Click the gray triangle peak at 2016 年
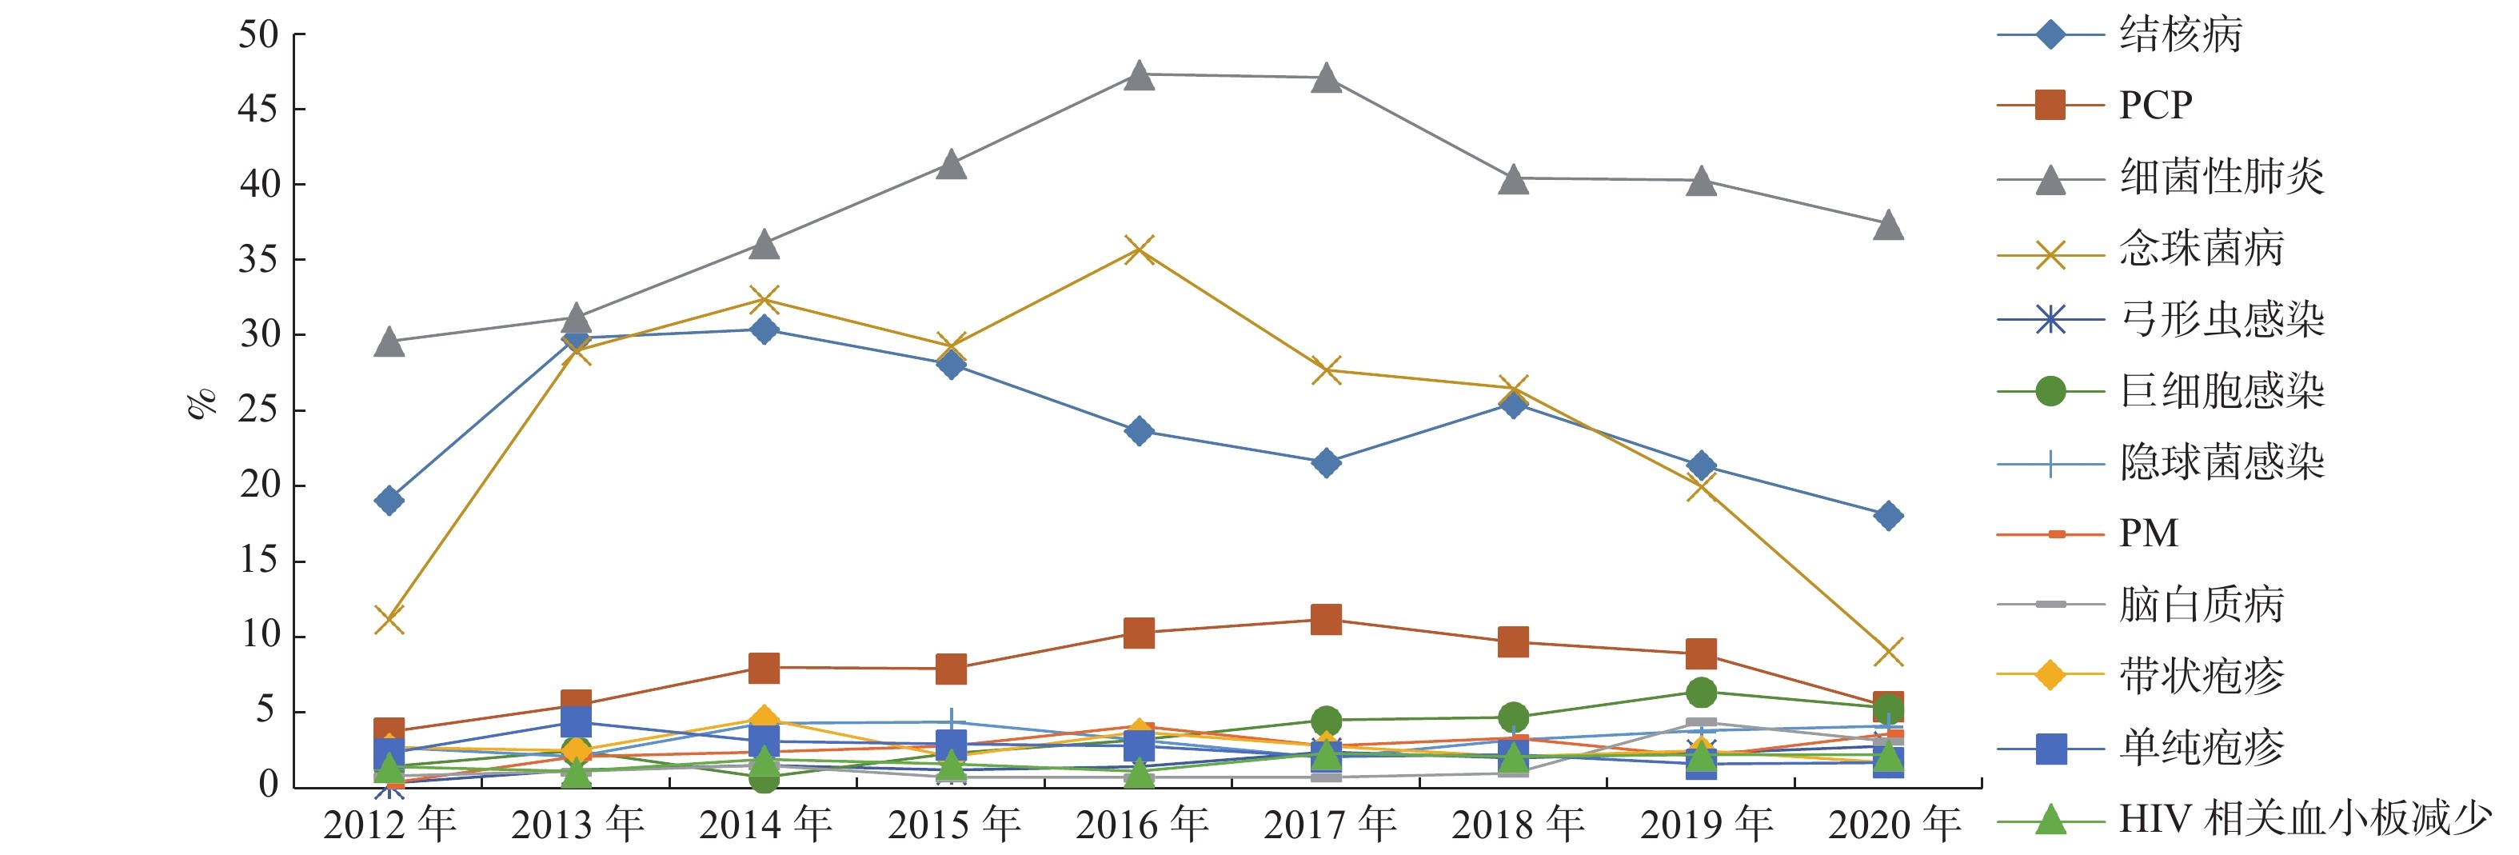click(1138, 75)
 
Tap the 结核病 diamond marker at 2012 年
click(389, 501)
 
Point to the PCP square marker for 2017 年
click(1326, 619)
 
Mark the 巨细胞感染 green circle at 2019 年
click(1702, 693)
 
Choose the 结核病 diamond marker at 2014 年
click(764, 330)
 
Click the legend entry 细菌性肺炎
click(2222, 177)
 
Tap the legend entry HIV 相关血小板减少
click(2305, 820)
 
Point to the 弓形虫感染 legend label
click(2222, 320)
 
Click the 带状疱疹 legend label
click(2202, 676)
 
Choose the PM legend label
click(2149, 534)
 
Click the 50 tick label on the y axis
click(259, 35)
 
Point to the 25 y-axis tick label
click(259, 410)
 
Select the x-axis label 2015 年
click(953, 825)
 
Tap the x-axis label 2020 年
click(1894, 825)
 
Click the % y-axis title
click(202, 403)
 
